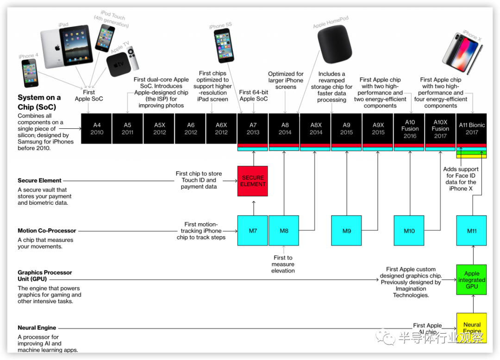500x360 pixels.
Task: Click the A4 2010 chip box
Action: pos(97,128)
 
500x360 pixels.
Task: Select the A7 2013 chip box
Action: pos(253,128)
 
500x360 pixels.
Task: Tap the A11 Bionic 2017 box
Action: pos(472,128)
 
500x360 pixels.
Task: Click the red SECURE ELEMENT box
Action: pos(253,181)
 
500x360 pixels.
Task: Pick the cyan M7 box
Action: pos(253,230)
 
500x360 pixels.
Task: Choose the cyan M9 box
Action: pos(347,230)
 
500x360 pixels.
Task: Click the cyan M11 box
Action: pos(472,230)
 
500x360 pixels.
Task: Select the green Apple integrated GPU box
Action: pos(472,280)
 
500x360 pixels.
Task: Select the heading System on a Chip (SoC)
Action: pos(39,102)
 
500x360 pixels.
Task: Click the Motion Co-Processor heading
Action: pos(47,231)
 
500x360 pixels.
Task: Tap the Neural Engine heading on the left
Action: pos(37,328)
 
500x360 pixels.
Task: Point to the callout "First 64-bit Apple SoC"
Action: pos(254,95)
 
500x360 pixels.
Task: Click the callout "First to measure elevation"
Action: pos(283,264)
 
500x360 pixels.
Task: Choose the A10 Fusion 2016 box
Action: pos(410,128)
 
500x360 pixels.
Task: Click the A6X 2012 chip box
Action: pos(221,128)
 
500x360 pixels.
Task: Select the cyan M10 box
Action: pos(409,230)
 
